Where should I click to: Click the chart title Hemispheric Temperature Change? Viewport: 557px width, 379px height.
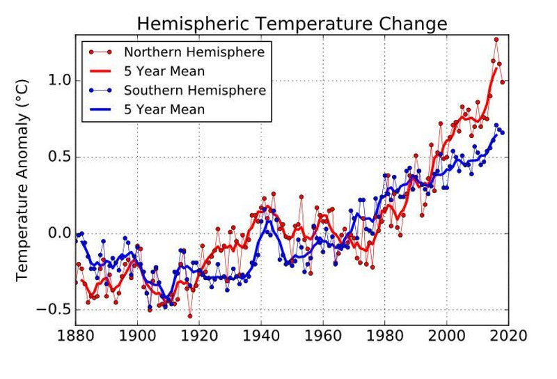point(291,24)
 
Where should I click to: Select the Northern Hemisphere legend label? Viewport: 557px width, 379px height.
point(194,52)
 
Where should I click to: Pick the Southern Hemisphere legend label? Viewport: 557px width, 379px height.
point(194,90)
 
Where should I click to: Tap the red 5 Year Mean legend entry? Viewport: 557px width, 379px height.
point(164,71)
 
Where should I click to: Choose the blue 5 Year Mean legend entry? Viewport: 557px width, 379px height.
point(164,109)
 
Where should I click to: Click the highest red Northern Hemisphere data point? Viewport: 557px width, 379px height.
point(496,40)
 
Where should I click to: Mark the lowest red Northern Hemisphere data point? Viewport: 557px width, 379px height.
point(189,316)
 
